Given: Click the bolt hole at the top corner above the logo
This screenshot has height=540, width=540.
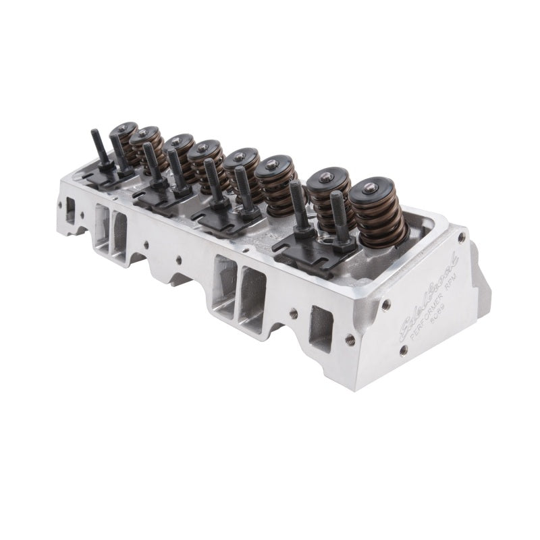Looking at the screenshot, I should (x=461, y=238).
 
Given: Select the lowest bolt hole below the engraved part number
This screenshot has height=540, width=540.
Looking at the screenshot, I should (x=403, y=350).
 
